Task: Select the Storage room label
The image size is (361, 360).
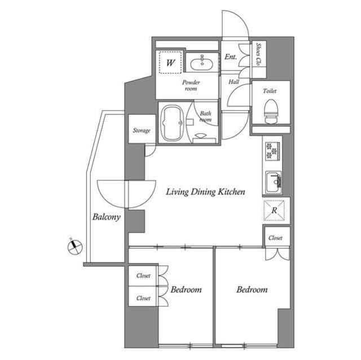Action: point(141,131)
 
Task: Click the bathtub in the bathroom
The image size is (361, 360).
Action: point(171,122)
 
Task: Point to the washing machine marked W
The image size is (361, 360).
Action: point(170,61)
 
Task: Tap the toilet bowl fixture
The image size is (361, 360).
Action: point(271,110)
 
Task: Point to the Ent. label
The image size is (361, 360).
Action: point(231,57)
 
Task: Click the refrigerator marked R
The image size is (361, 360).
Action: point(274,210)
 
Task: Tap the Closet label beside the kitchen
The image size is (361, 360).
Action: point(275,238)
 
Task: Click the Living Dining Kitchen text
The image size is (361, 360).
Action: point(205,192)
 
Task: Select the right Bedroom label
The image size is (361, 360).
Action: point(252,290)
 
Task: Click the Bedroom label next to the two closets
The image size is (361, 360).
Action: point(186,290)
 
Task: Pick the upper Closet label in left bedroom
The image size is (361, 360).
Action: point(143,276)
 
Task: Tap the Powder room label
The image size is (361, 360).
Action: point(191,85)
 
